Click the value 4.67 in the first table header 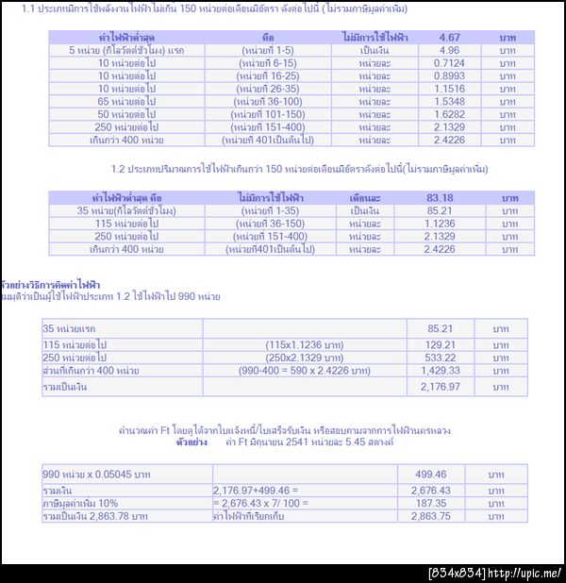pyautogui.click(x=449, y=38)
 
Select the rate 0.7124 pyautogui.click(x=449, y=63)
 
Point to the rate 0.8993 pyautogui.click(x=449, y=75)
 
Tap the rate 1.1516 pyautogui.click(x=449, y=89)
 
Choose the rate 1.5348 pyautogui.click(x=449, y=101)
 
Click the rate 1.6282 pyautogui.click(x=449, y=114)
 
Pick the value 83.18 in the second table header pyautogui.click(x=440, y=198)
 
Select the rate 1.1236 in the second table pyautogui.click(x=440, y=224)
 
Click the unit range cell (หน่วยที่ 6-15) pyautogui.click(x=268, y=63)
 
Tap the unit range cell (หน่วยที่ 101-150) pyautogui.click(x=268, y=114)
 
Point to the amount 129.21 pyautogui.click(x=441, y=344)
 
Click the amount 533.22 pyautogui.click(x=441, y=358)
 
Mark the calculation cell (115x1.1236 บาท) pyautogui.click(x=304, y=344)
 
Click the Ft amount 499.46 pyautogui.click(x=431, y=474)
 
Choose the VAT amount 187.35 pyautogui.click(x=431, y=503)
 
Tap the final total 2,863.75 pyautogui.click(x=431, y=516)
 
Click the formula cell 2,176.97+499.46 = pyautogui.click(x=255, y=491)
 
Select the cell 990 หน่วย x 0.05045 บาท pyautogui.click(x=97, y=474)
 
